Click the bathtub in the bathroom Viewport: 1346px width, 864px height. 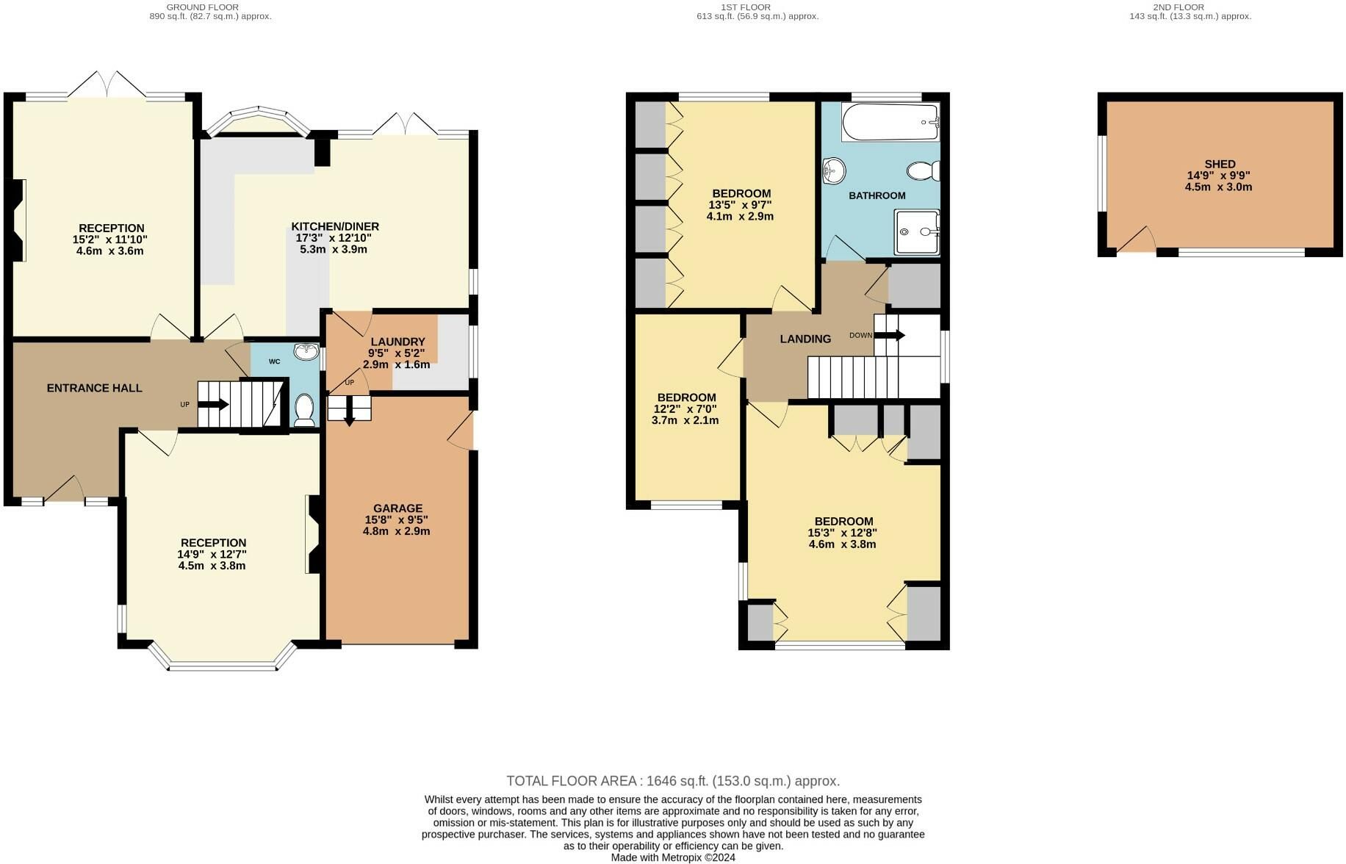890,122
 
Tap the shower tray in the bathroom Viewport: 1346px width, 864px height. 917,232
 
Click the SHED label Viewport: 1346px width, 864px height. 1220,164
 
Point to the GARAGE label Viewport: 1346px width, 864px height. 397,508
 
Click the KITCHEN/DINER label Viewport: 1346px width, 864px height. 335,226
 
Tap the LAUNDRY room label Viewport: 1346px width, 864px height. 397,342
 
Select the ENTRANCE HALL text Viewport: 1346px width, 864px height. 94,388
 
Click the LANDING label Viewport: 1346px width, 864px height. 805,339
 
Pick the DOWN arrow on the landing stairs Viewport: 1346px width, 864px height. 890,335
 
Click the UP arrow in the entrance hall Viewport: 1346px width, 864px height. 214,404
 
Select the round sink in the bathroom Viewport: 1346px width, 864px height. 833,171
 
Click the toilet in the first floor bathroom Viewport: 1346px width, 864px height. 924,171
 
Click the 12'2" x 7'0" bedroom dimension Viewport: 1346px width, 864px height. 685,409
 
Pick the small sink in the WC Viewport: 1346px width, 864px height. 304,353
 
